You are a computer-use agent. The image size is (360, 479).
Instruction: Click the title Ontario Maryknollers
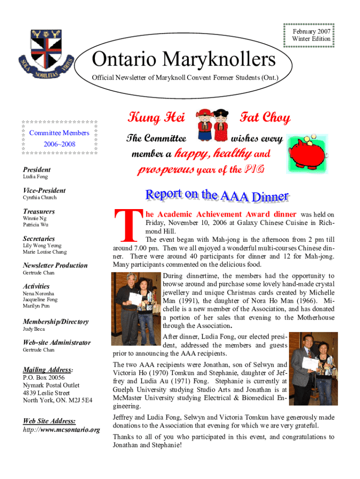pos(184,60)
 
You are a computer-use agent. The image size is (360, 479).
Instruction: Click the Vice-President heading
pos(44,190)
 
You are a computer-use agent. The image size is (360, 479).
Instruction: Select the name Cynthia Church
pos(40,198)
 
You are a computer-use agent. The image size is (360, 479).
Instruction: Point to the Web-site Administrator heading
pos(57,342)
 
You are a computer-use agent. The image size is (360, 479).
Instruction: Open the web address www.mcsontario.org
pos(71,429)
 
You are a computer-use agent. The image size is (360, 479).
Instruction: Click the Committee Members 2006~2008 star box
pos(59,138)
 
